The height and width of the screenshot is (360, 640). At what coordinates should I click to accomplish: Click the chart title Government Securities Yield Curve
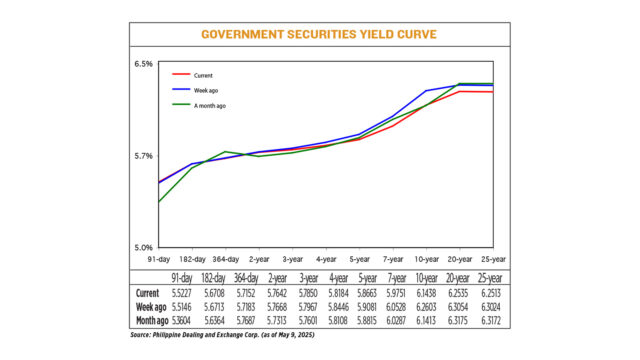pyautogui.click(x=320, y=34)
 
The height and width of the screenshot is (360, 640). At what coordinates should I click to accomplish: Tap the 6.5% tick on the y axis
pyautogui.click(x=142, y=64)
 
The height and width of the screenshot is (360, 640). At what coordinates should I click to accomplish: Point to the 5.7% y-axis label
pyautogui.click(x=142, y=156)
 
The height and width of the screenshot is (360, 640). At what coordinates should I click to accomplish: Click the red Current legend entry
pyautogui.click(x=200, y=75)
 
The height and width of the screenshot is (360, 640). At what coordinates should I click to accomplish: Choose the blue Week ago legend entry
pyautogui.click(x=204, y=90)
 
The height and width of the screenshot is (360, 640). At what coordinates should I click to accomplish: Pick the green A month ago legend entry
pyautogui.click(x=208, y=105)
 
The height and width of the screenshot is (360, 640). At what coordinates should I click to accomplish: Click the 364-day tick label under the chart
pyautogui.click(x=225, y=258)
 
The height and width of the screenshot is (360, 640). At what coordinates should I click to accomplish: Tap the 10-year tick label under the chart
pyautogui.click(x=427, y=258)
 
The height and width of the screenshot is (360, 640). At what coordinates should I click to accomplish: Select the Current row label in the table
pyautogui.click(x=147, y=293)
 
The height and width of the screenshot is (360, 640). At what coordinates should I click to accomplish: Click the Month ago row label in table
pyautogui.click(x=153, y=320)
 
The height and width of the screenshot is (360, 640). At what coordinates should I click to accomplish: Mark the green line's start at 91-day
pyautogui.click(x=159, y=203)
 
